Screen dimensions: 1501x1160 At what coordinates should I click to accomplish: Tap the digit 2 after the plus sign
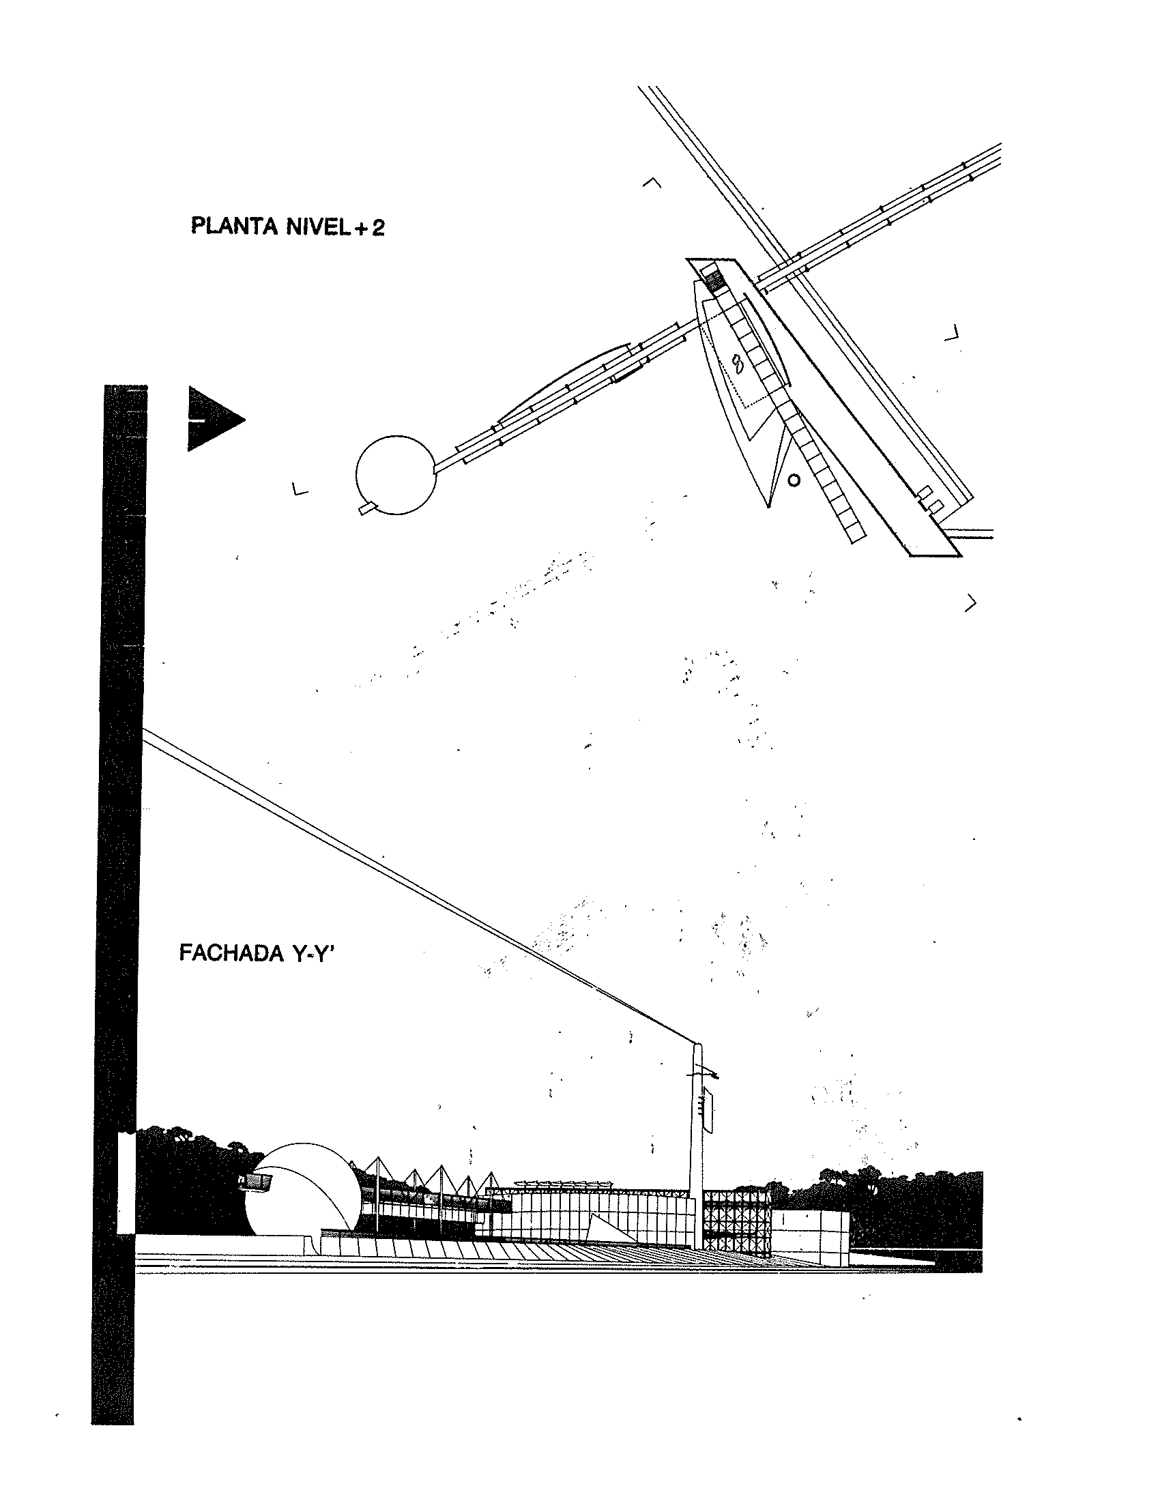[x=377, y=227]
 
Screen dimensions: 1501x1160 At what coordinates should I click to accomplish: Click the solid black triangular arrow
[x=212, y=419]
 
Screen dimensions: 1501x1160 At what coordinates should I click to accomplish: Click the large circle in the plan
[x=396, y=474]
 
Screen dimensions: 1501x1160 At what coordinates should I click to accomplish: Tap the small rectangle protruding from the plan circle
[x=368, y=508]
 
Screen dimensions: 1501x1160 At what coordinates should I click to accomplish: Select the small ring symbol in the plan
[x=794, y=480]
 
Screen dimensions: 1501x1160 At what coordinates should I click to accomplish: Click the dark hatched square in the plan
[x=715, y=281]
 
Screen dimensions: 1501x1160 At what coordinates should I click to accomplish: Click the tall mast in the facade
[x=697, y=1148]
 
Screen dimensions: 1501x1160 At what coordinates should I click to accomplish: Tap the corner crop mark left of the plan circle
[x=299, y=490]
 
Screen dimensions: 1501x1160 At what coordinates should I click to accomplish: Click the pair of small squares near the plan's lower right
[x=930, y=499]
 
